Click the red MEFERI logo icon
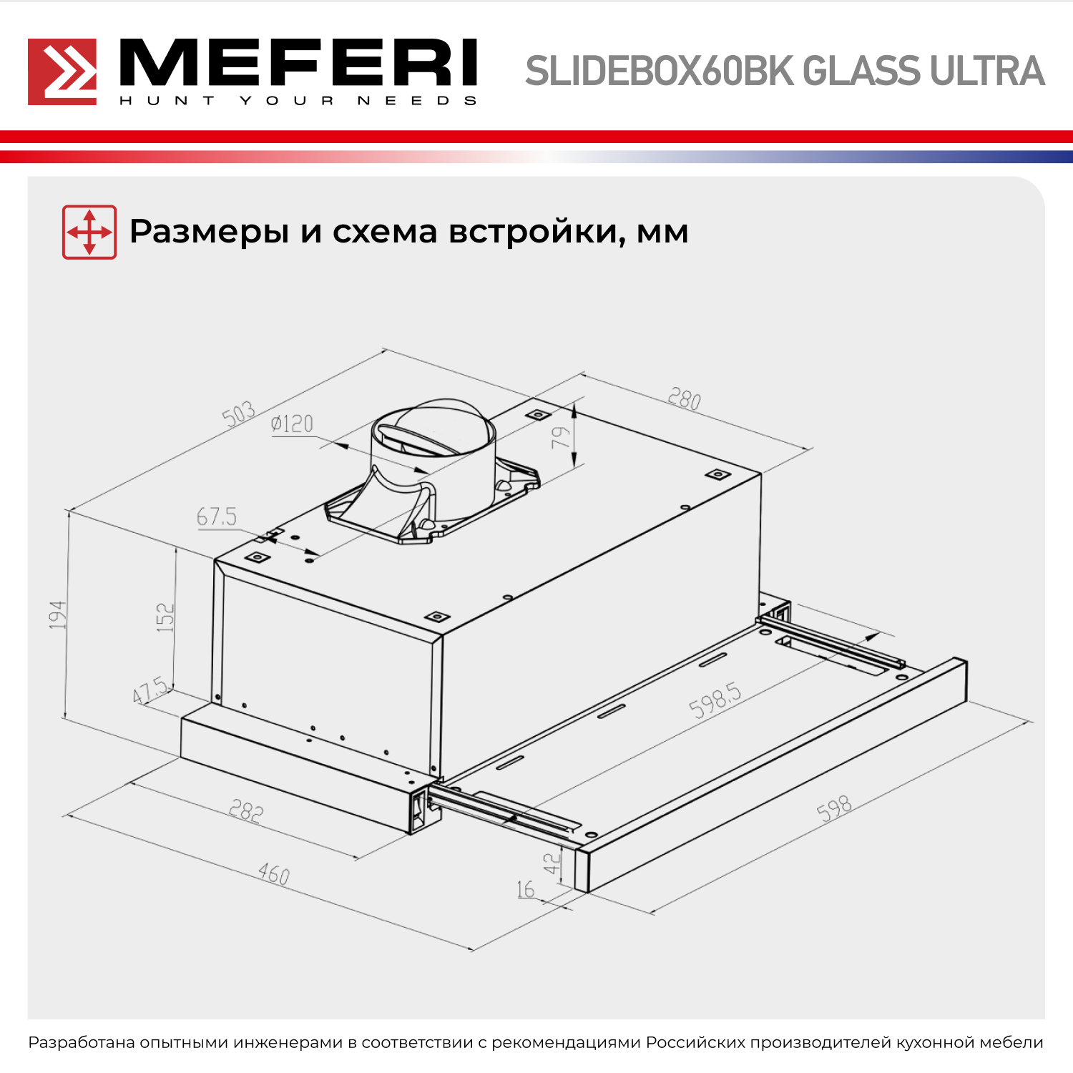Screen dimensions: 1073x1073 [62, 72]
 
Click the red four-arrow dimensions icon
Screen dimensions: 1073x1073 [89, 232]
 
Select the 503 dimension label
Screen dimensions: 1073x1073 [238, 413]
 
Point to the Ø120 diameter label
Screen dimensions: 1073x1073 [292, 424]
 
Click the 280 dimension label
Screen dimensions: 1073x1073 [685, 398]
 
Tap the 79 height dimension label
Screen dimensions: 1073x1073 [562, 437]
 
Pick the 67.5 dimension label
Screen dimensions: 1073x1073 [217, 516]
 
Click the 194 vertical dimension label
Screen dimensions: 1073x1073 [57, 615]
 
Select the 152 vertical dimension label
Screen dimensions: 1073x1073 [165, 617]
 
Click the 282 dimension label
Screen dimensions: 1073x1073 [246, 810]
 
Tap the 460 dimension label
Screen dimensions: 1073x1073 [274, 874]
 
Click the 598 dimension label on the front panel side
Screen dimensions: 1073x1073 [834, 808]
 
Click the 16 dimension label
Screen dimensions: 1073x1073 [526, 889]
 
